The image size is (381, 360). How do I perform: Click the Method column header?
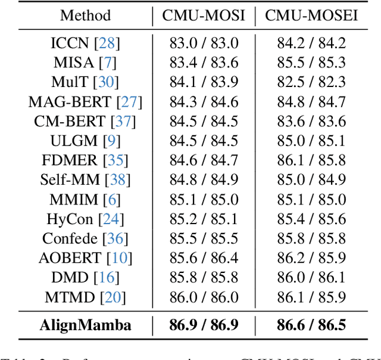coord(85,15)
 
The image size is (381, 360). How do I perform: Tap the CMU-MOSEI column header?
coord(311,15)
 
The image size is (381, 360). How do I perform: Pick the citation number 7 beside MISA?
coord(111,63)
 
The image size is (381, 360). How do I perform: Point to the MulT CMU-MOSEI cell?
coord(311,82)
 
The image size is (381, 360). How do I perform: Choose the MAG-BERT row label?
coord(70,102)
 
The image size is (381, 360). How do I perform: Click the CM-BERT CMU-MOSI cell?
coord(204,122)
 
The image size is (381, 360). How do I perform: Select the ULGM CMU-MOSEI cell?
coord(311,141)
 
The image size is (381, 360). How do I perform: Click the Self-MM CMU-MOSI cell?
coord(204,180)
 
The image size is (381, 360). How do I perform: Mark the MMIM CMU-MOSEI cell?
coord(311,200)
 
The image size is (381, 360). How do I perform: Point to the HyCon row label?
coord(70,219)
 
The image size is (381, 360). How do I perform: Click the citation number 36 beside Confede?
coord(116,239)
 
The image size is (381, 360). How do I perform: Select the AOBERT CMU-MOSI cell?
coord(204,258)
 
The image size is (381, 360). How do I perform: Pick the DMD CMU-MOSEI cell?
coord(311,278)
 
